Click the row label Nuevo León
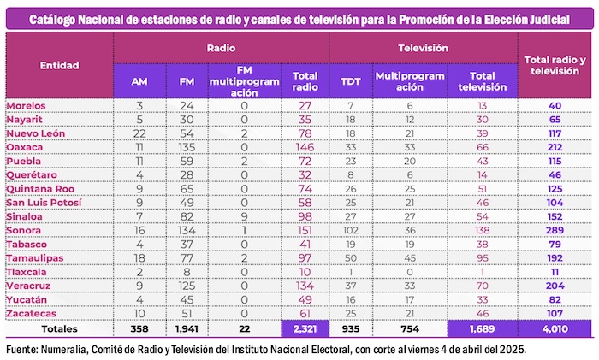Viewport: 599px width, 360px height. pos(35,133)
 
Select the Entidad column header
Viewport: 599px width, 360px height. pos(59,65)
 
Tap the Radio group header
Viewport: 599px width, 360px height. pos(221,50)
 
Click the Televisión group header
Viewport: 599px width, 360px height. pos(424,50)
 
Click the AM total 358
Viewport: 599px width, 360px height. pos(139,328)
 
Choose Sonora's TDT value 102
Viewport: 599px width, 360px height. pos(350,230)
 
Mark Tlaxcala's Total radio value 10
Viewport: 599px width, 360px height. pos(305,272)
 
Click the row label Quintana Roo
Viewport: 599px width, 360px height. pos(42,189)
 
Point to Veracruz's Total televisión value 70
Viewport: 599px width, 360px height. pos(483,286)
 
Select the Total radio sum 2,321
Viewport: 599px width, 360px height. pos(305,328)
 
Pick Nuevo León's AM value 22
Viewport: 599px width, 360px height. pos(139,133)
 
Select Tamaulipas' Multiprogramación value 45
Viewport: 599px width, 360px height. pos(410,257)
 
